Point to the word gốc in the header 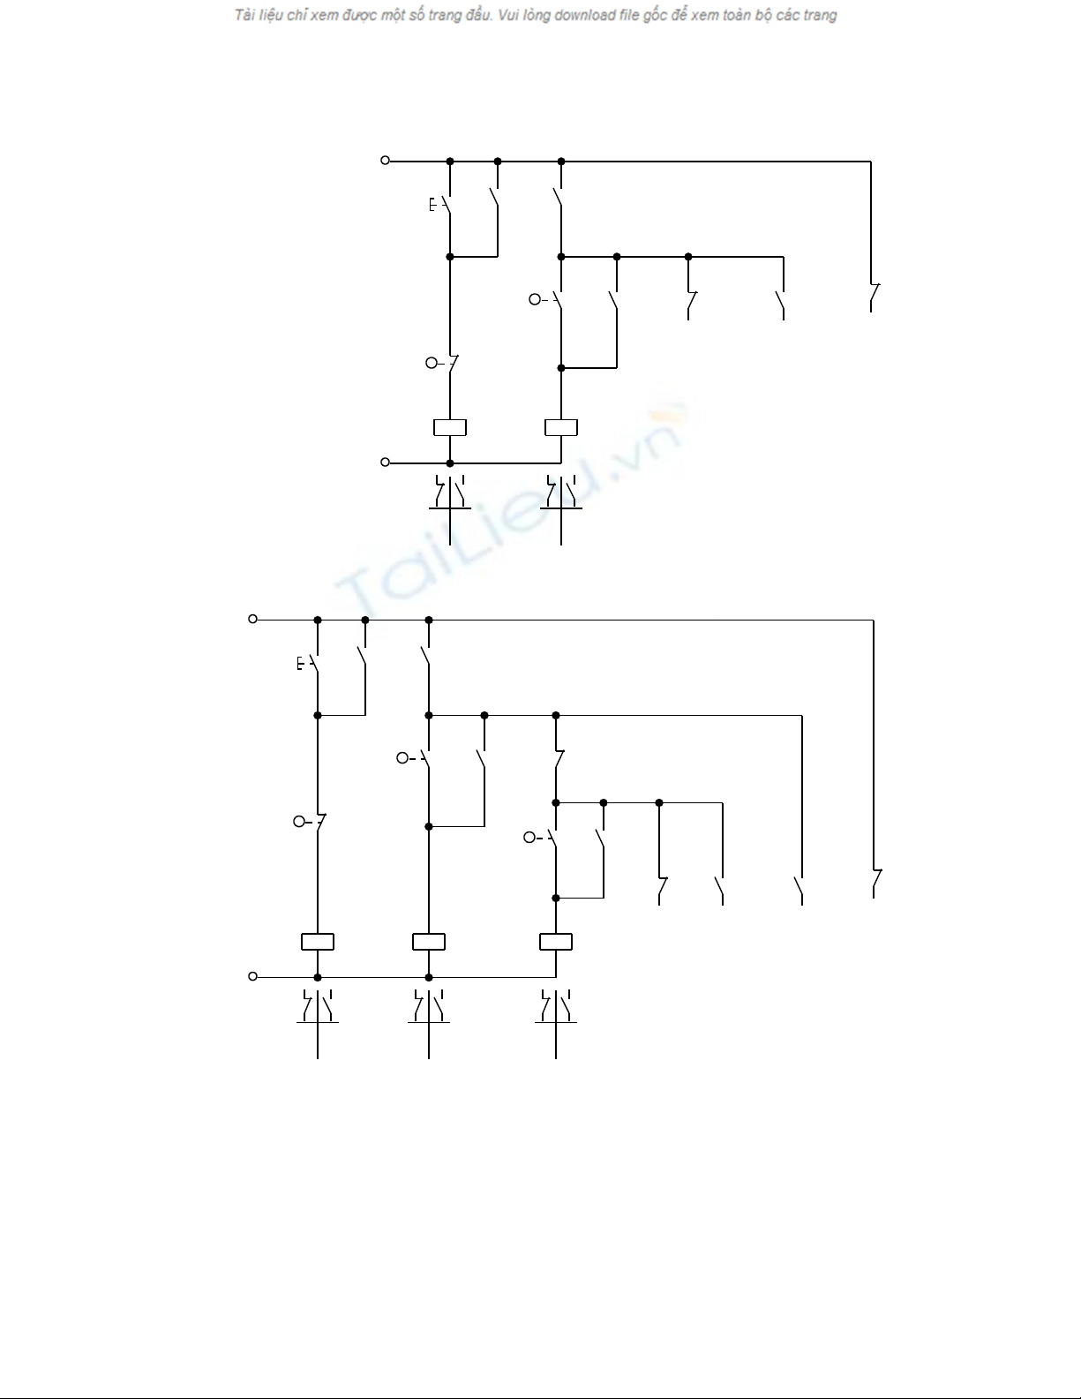655,16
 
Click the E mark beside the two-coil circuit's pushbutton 432,205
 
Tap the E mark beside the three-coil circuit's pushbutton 300,663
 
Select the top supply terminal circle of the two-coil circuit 386,161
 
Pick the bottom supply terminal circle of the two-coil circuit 386,462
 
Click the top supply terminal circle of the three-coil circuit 253,619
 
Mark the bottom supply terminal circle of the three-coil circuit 253,976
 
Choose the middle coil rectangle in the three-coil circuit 429,942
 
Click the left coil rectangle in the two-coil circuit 450,427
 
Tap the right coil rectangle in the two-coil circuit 561,427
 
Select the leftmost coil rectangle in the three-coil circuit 317,942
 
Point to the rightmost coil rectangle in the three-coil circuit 556,942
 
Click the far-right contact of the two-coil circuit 874,297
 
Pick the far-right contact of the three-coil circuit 876,884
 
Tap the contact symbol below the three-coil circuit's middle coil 429,1008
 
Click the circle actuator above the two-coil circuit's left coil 432,363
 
